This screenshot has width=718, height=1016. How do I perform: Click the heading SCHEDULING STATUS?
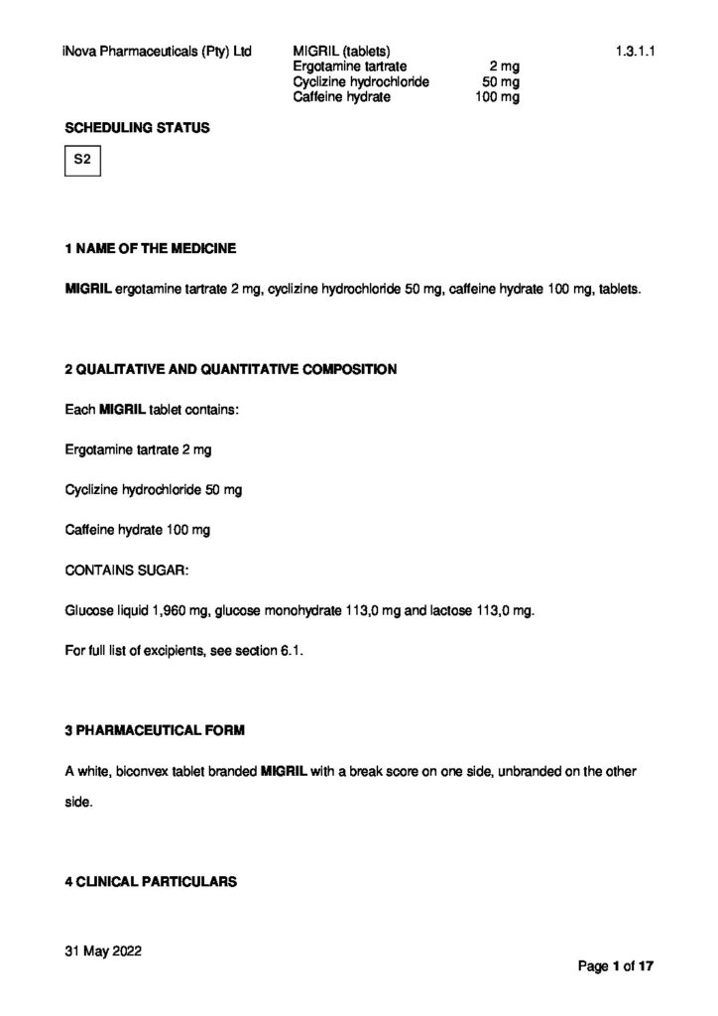pyautogui.click(x=137, y=128)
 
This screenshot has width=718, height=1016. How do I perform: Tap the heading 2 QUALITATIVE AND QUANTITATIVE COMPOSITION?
pyautogui.click(x=230, y=369)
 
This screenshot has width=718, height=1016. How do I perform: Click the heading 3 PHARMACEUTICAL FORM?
pyautogui.click(x=154, y=730)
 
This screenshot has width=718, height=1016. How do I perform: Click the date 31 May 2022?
pyautogui.click(x=103, y=951)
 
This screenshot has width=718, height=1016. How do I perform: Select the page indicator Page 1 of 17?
pyautogui.click(x=616, y=965)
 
